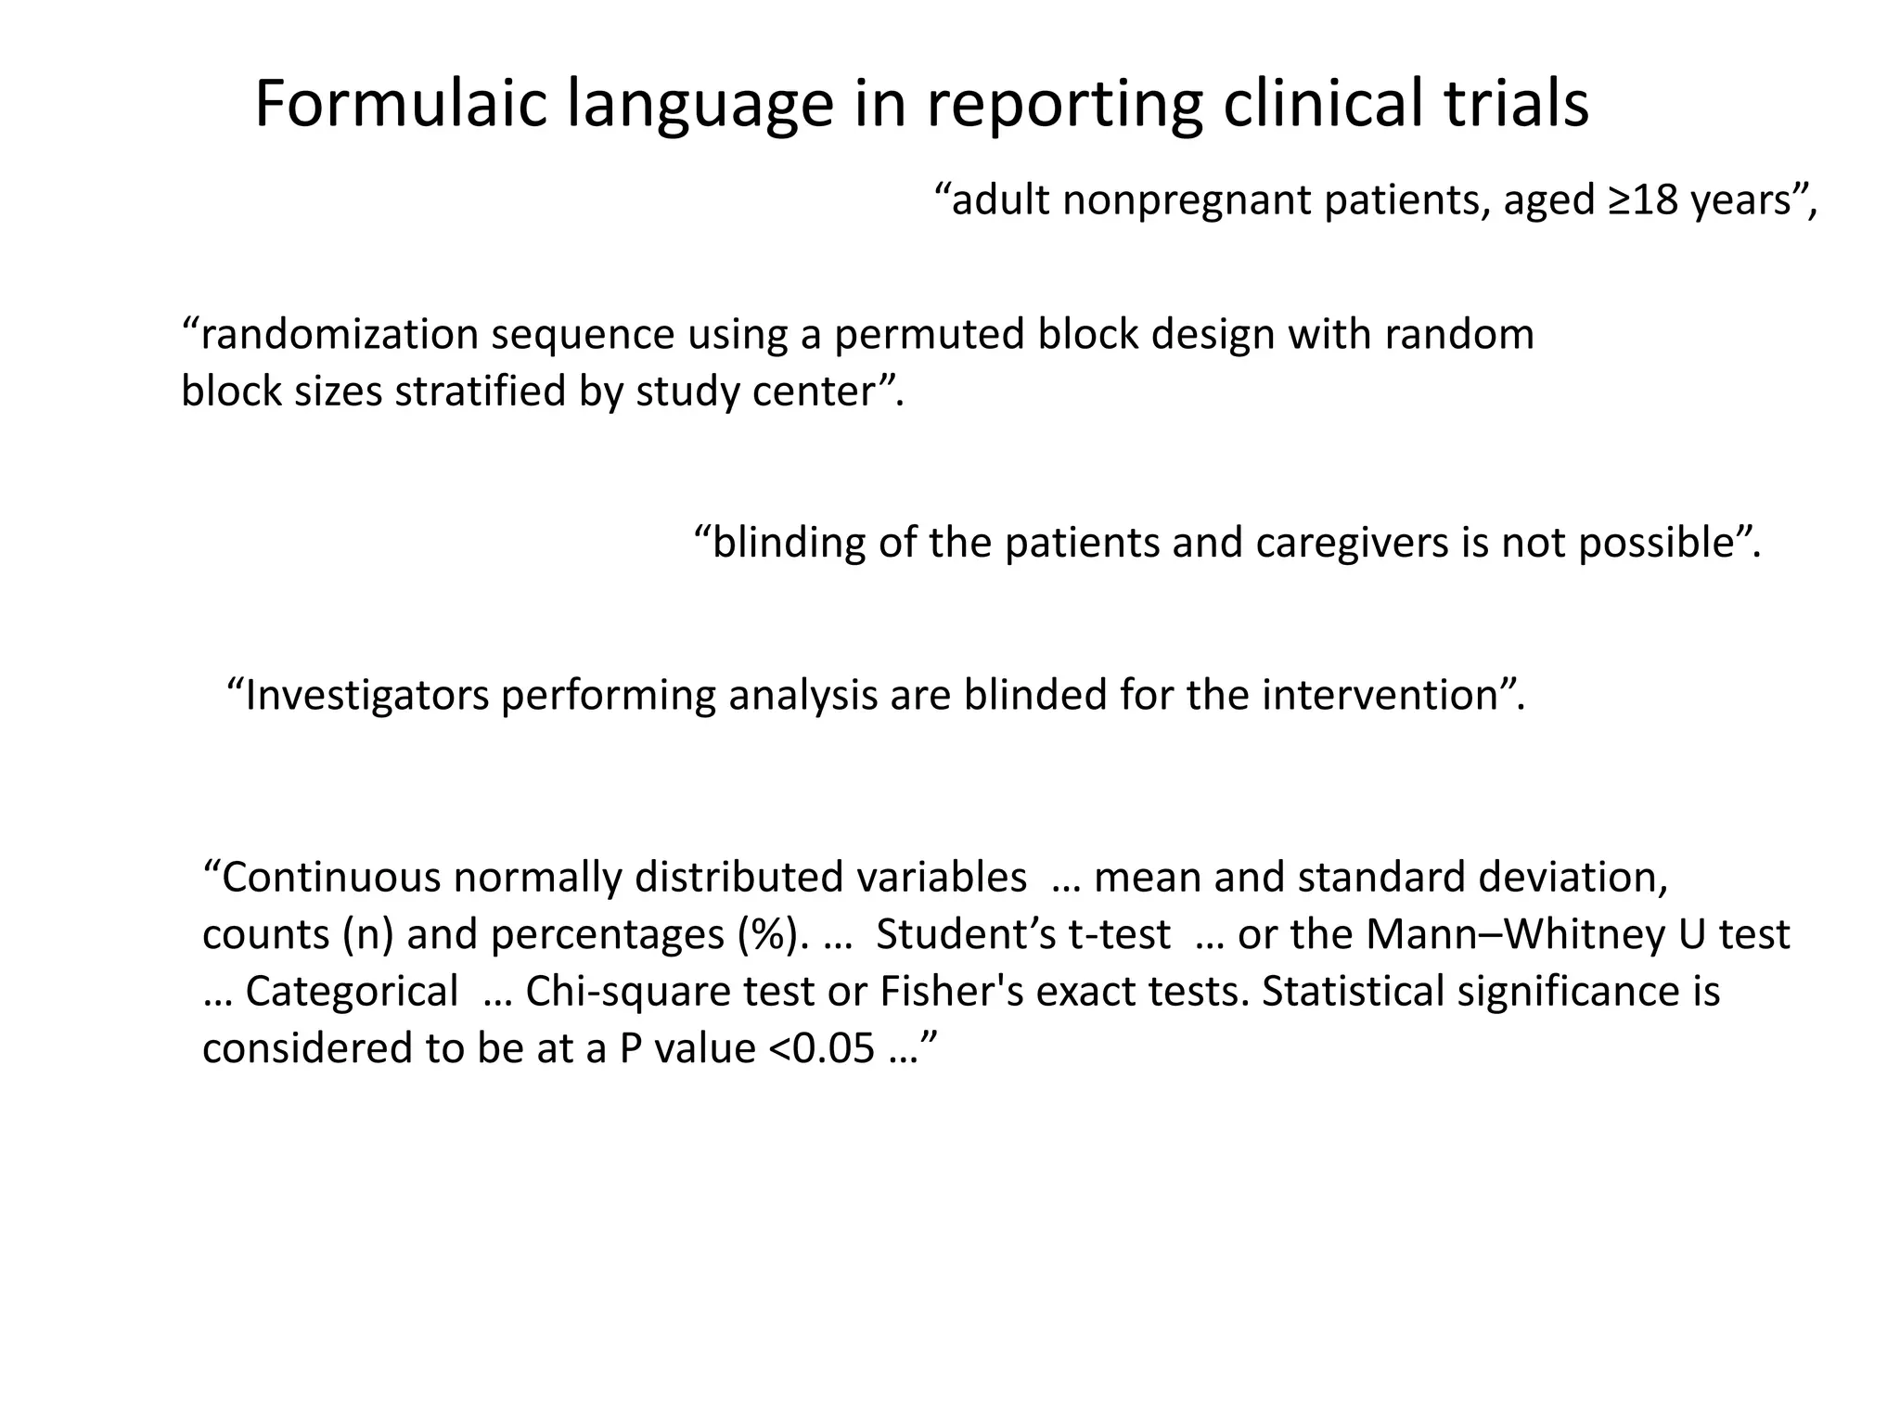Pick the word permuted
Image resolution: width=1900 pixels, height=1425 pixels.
point(929,334)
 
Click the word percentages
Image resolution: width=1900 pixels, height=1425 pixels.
point(608,934)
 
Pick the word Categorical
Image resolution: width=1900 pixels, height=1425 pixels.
point(352,991)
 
